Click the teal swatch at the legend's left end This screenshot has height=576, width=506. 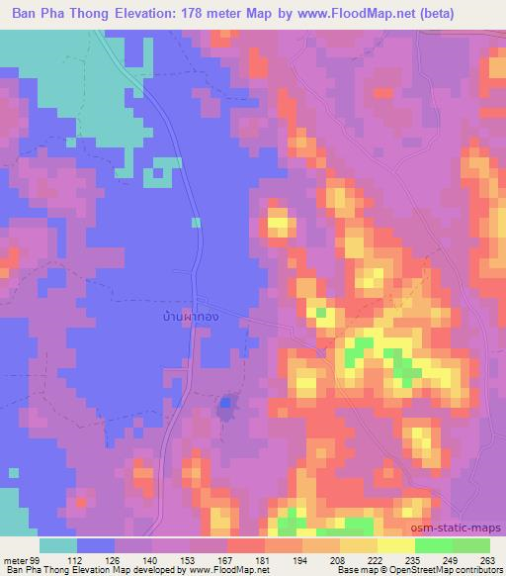tap(58, 545)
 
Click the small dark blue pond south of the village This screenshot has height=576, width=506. tap(227, 404)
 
